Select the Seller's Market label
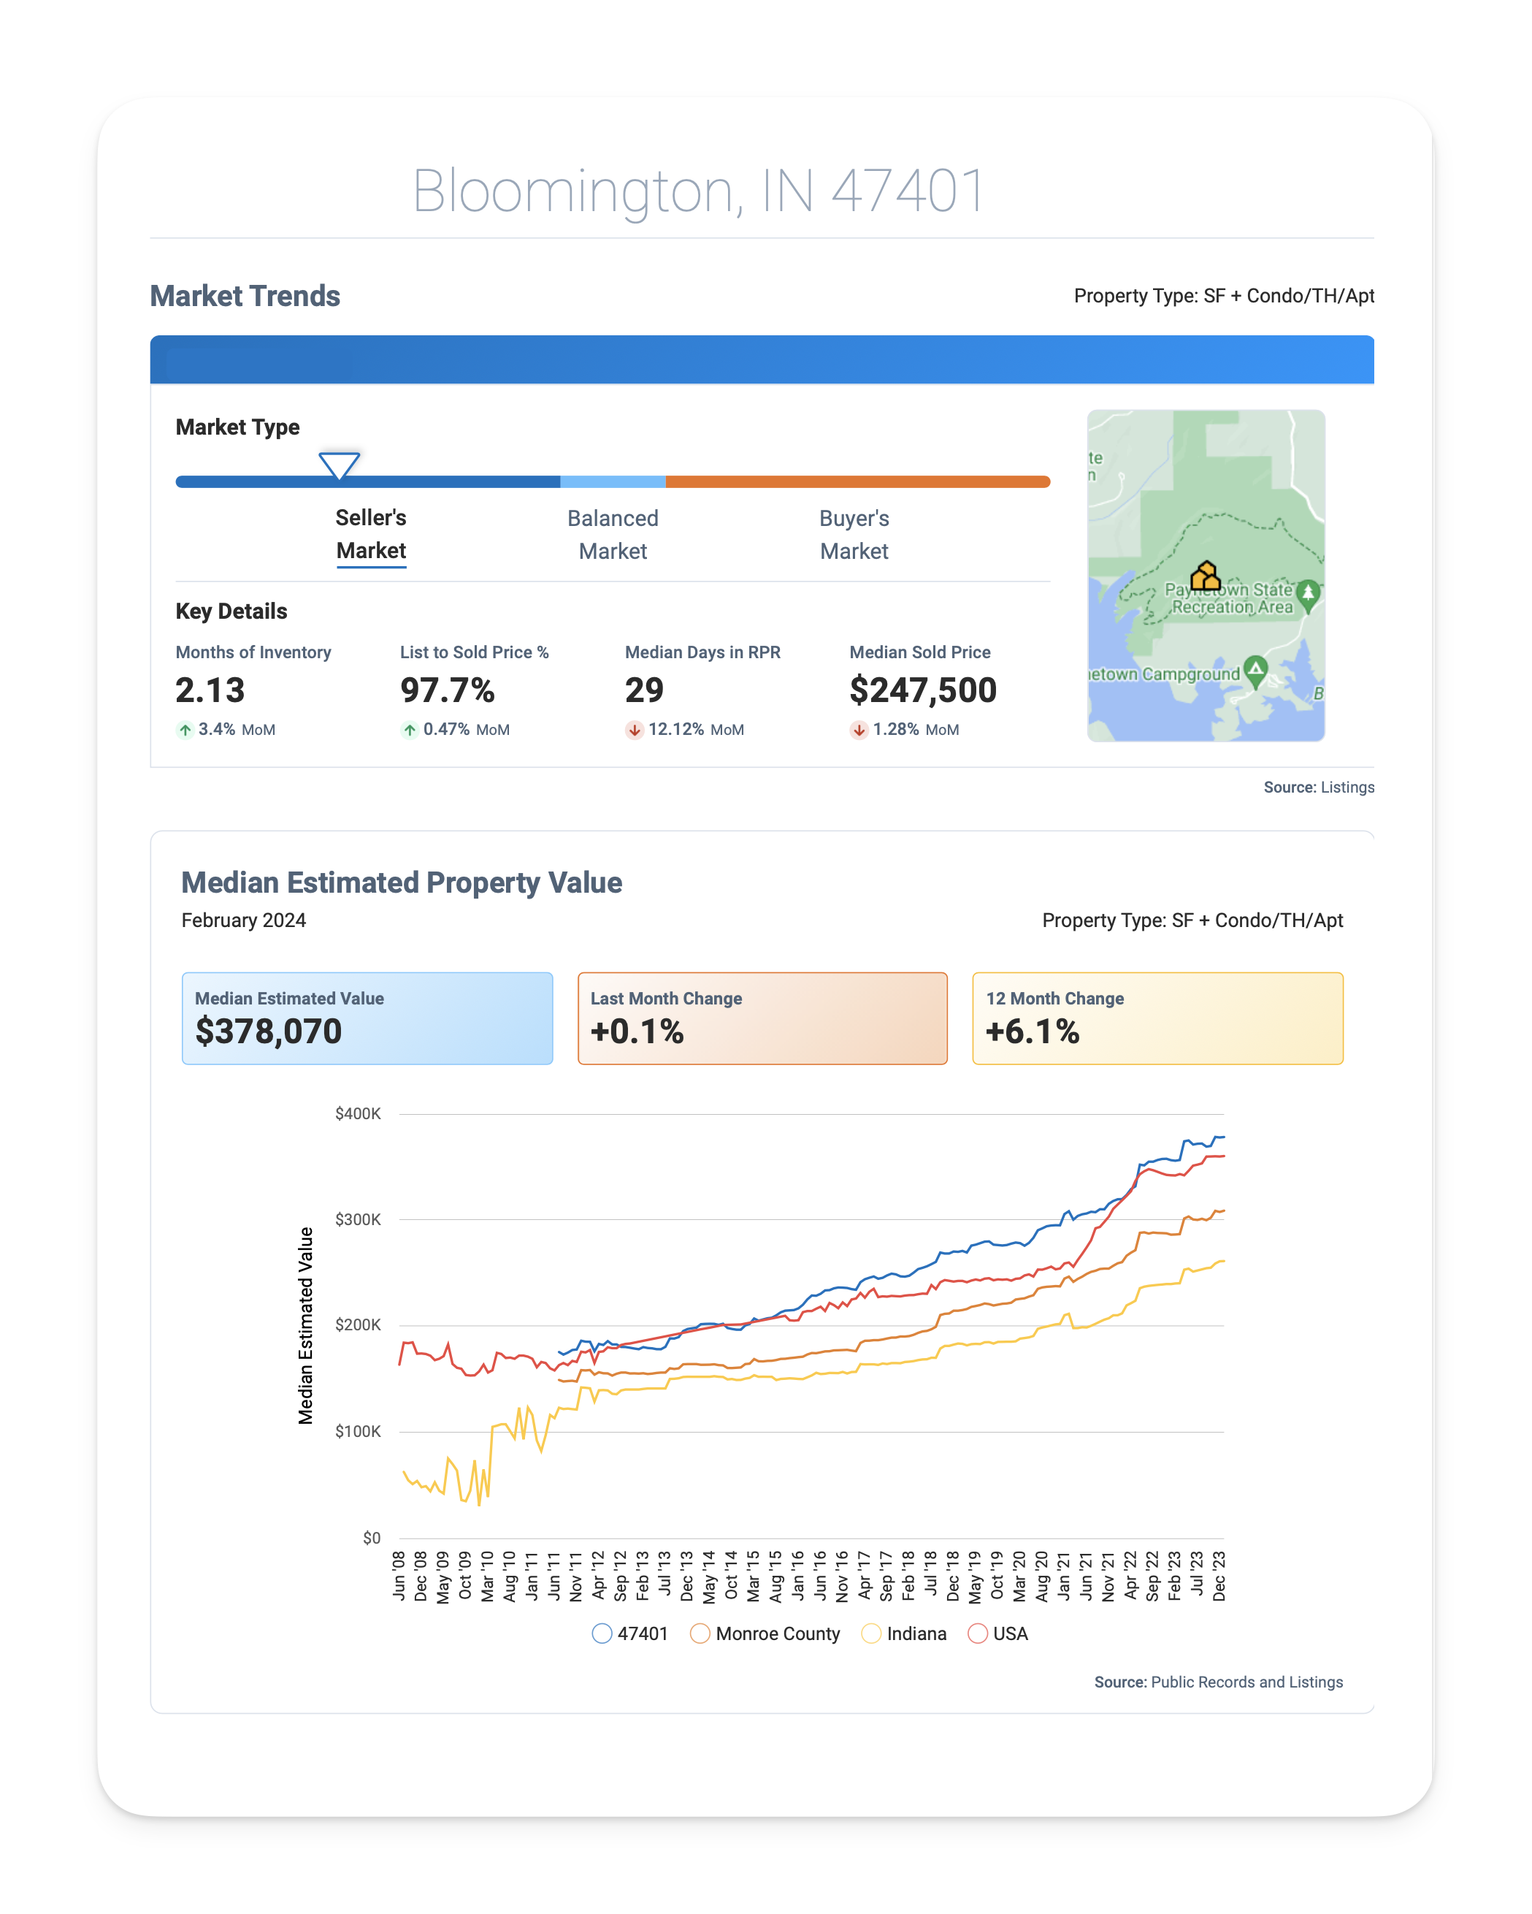click(x=371, y=535)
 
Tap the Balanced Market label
click(x=613, y=535)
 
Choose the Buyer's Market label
click(x=854, y=535)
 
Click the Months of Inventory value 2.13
click(x=210, y=690)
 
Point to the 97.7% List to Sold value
click(x=448, y=690)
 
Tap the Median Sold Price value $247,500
click(x=923, y=690)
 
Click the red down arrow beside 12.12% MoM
click(x=635, y=730)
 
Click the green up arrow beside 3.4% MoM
click(x=185, y=730)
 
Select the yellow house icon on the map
click(x=1206, y=576)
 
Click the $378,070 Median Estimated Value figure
click(x=268, y=1031)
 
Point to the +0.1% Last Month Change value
click(x=637, y=1031)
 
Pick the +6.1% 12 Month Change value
click(x=1033, y=1031)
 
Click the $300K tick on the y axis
click(x=358, y=1219)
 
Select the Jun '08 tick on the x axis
click(x=399, y=1576)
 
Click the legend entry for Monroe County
click(x=765, y=1633)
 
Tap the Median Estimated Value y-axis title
click(x=305, y=1325)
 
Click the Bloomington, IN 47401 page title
click(x=699, y=191)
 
